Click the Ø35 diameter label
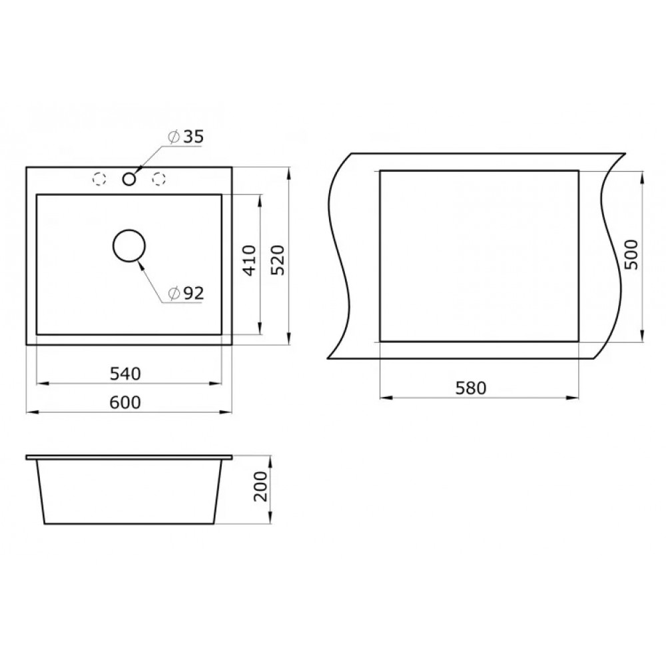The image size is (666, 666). click(186, 137)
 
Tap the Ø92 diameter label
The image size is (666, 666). click(186, 293)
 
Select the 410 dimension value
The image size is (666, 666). click(250, 260)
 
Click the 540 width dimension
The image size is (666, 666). click(125, 374)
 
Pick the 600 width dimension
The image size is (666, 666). click(125, 402)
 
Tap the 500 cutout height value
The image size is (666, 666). click(631, 254)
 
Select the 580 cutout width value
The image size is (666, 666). click(471, 388)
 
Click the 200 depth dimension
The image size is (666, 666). click(260, 486)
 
